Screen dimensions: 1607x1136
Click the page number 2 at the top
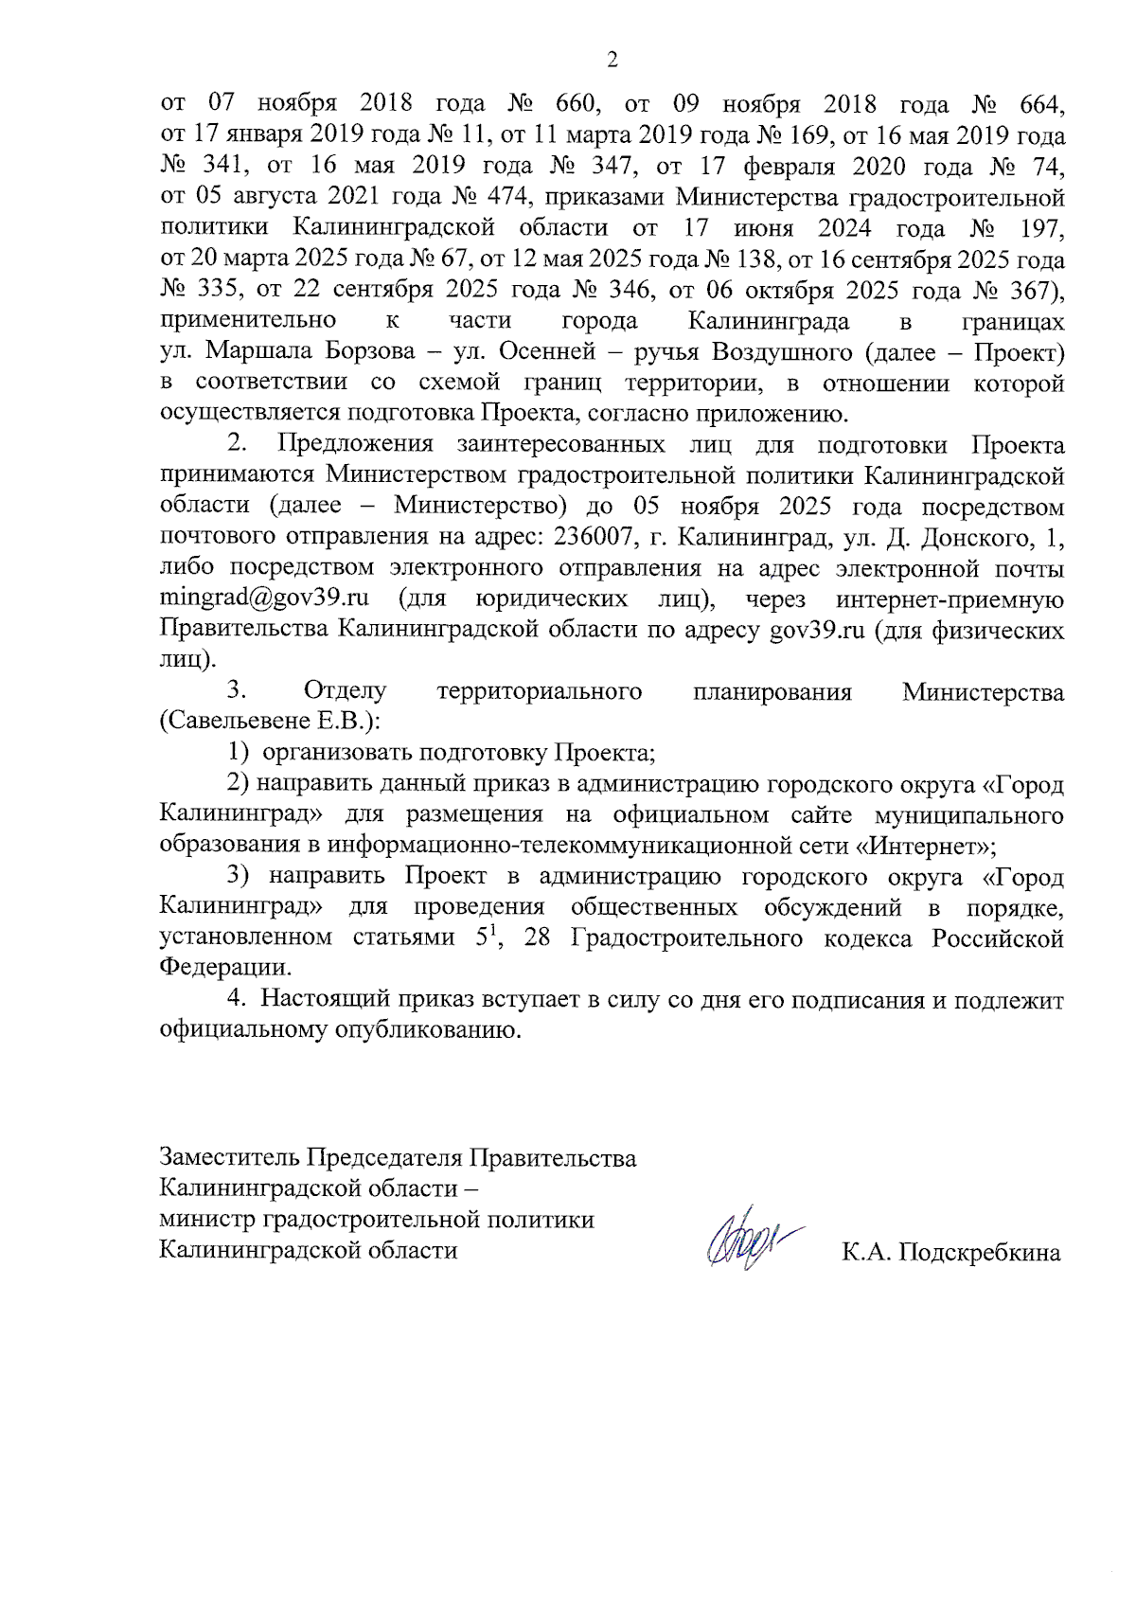point(612,61)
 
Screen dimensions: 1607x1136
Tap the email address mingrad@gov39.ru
point(264,599)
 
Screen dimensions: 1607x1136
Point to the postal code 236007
point(593,537)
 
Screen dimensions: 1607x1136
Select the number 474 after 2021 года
point(486,197)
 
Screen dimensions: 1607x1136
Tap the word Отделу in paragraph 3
point(345,691)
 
